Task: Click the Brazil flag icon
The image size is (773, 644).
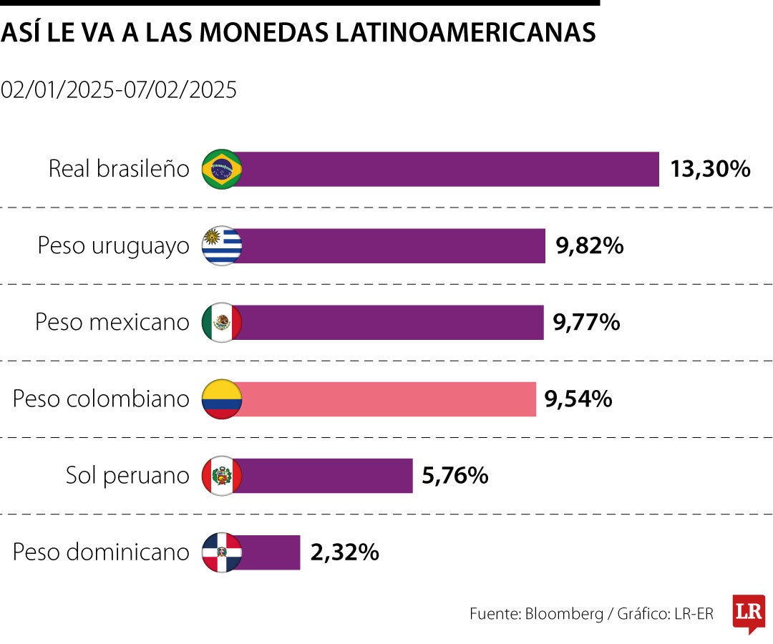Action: (222, 170)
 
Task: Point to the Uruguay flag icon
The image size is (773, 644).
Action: (222, 246)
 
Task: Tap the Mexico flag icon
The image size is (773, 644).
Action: (222, 323)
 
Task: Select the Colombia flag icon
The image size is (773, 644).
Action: (222, 399)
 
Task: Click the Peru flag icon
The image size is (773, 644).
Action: (222, 476)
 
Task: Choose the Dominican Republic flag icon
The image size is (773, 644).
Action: (222, 552)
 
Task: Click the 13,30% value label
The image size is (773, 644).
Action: (710, 170)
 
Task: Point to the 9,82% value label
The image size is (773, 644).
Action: (589, 246)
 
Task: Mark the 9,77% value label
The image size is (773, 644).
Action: (586, 323)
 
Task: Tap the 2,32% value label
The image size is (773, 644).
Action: (344, 552)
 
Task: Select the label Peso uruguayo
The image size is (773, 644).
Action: (114, 246)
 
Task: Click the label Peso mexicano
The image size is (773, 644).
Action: (112, 323)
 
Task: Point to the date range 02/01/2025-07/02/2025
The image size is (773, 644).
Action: (119, 90)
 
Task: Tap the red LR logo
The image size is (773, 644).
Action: (749, 613)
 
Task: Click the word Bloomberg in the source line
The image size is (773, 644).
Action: (565, 614)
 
